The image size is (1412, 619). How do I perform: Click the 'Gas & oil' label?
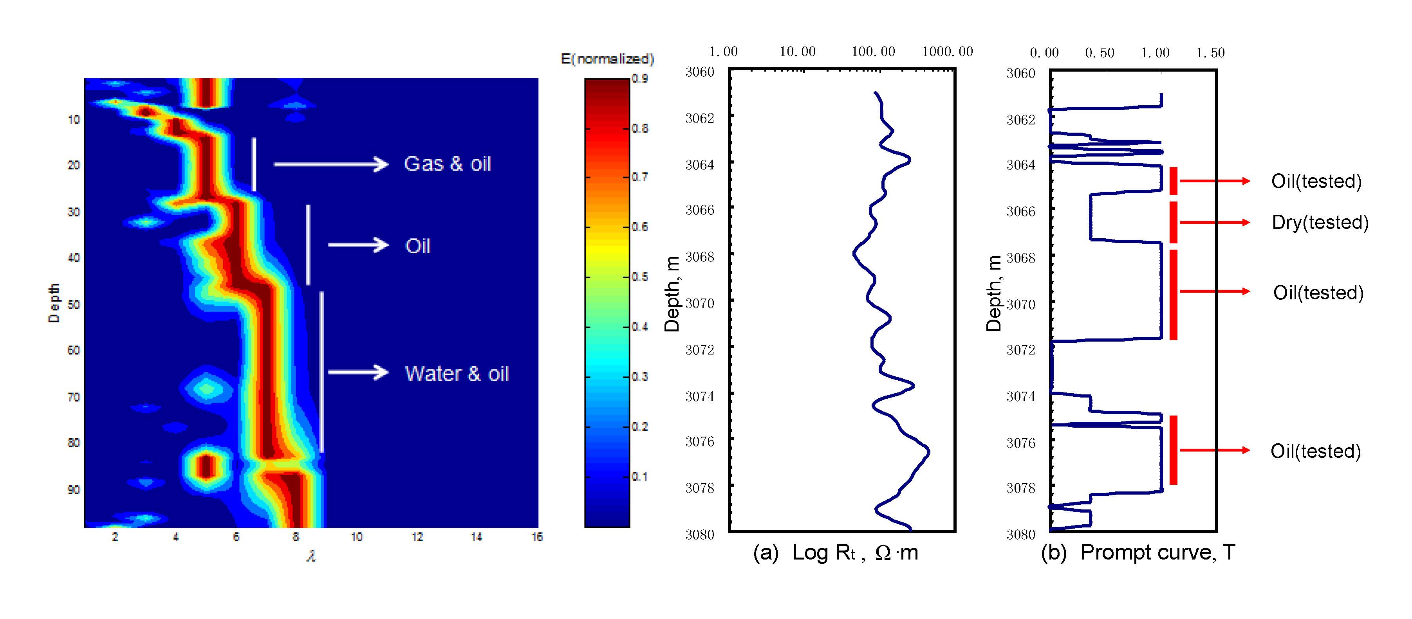pyautogui.click(x=447, y=164)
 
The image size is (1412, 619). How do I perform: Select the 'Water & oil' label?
pyautogui.click(x=457, y=374)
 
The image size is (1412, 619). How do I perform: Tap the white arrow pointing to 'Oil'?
pyautogui.click(x=358, y=245)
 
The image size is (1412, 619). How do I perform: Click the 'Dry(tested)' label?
pyautogui.click(x=1320, y=222)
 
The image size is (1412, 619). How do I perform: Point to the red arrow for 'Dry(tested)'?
pyautogui.click(x=1214, y=222)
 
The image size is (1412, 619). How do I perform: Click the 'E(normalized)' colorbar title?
pyautogui.click(x=607, y=59)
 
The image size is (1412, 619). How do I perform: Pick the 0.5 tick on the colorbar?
pyautogui.click(x=639, y=277)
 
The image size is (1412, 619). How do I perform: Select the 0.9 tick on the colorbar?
pyautogui.click(x=639, y=78)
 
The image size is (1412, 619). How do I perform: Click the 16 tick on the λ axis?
pyautogui.click(x=536, y=537)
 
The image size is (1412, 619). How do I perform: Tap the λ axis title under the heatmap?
pyautogui.click(x=311, y=556)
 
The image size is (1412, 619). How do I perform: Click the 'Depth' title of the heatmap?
pyautogui.click(x=54, y=303)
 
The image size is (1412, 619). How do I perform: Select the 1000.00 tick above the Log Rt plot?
pyautogui.click(x=947, y=52)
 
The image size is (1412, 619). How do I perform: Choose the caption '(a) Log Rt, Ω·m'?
pyautogui.click(x=835, y=553)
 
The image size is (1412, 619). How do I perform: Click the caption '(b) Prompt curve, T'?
pyautogui.click(x=1138, y=553)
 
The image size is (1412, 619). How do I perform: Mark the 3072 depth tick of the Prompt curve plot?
pyautogui.click(x=1021, y=349)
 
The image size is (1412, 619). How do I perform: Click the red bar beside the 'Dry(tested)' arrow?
pyautogui.click(x=1174, y=222)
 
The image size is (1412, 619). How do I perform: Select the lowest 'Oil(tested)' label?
pyautogui.click(x=1316, y=451)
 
